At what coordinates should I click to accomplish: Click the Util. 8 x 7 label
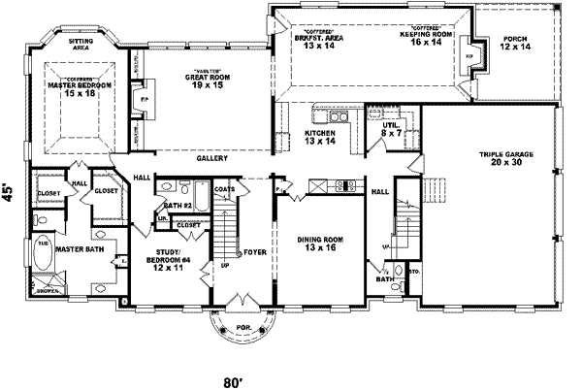tap(391, 129)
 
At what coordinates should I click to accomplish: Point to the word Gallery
tap(211, 157)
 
